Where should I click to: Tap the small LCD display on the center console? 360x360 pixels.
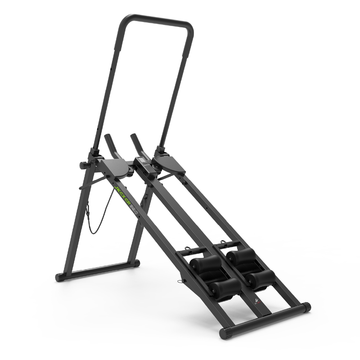(143, 162)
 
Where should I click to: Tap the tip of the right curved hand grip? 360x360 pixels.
(133, 135)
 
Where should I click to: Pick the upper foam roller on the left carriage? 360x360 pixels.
(205, 264)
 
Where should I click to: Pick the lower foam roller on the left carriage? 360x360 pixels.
(225, 288)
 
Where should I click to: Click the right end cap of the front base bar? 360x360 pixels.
(306, 307)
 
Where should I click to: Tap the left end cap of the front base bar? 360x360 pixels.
(224, 333)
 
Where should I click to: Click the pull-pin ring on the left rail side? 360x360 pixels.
(182, 282)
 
